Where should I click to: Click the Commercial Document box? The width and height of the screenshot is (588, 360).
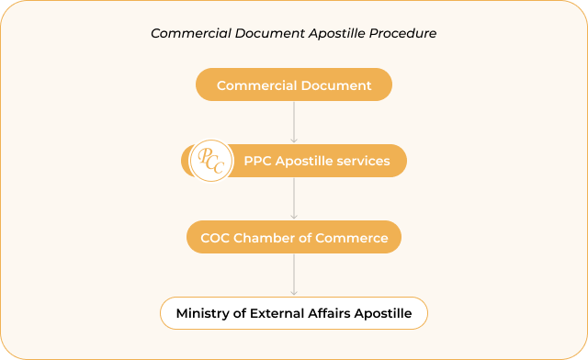pyautogui.click(x=294, y=86)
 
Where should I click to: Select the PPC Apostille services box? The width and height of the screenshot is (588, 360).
pyautogui.click(x=316, y=161)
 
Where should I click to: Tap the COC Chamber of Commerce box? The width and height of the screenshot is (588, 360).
pyautogui.click(x=294, y=238)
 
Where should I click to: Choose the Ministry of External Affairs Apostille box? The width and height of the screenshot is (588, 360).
pyautogui.click(x=294, y=313)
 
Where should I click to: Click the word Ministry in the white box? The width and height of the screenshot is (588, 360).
pyautogui.click(x=201, y=313)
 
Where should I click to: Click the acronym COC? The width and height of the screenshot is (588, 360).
pyautogui.click(x=215, y=238)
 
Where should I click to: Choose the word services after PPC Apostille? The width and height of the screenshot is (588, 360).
pyautogui.click(x=362, y=161)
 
